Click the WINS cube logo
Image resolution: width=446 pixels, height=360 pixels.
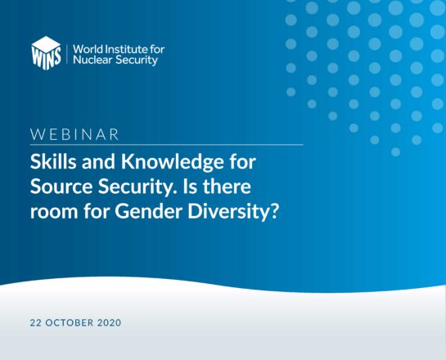46,53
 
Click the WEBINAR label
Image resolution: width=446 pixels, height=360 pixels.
74,134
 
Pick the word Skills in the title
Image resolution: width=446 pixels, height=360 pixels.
53,162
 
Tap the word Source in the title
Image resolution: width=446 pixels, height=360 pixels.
61,187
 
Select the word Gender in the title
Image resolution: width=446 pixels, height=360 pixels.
148,212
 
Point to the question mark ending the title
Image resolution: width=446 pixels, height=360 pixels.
273,212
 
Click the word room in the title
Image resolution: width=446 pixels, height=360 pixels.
54,214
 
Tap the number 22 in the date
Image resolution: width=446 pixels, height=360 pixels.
35,322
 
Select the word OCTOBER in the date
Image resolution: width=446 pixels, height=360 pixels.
70,322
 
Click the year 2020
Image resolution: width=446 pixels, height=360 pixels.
109,322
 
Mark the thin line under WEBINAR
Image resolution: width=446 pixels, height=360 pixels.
167,145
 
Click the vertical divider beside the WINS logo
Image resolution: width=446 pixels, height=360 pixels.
67,54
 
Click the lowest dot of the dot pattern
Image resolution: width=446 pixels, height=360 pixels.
395,152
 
